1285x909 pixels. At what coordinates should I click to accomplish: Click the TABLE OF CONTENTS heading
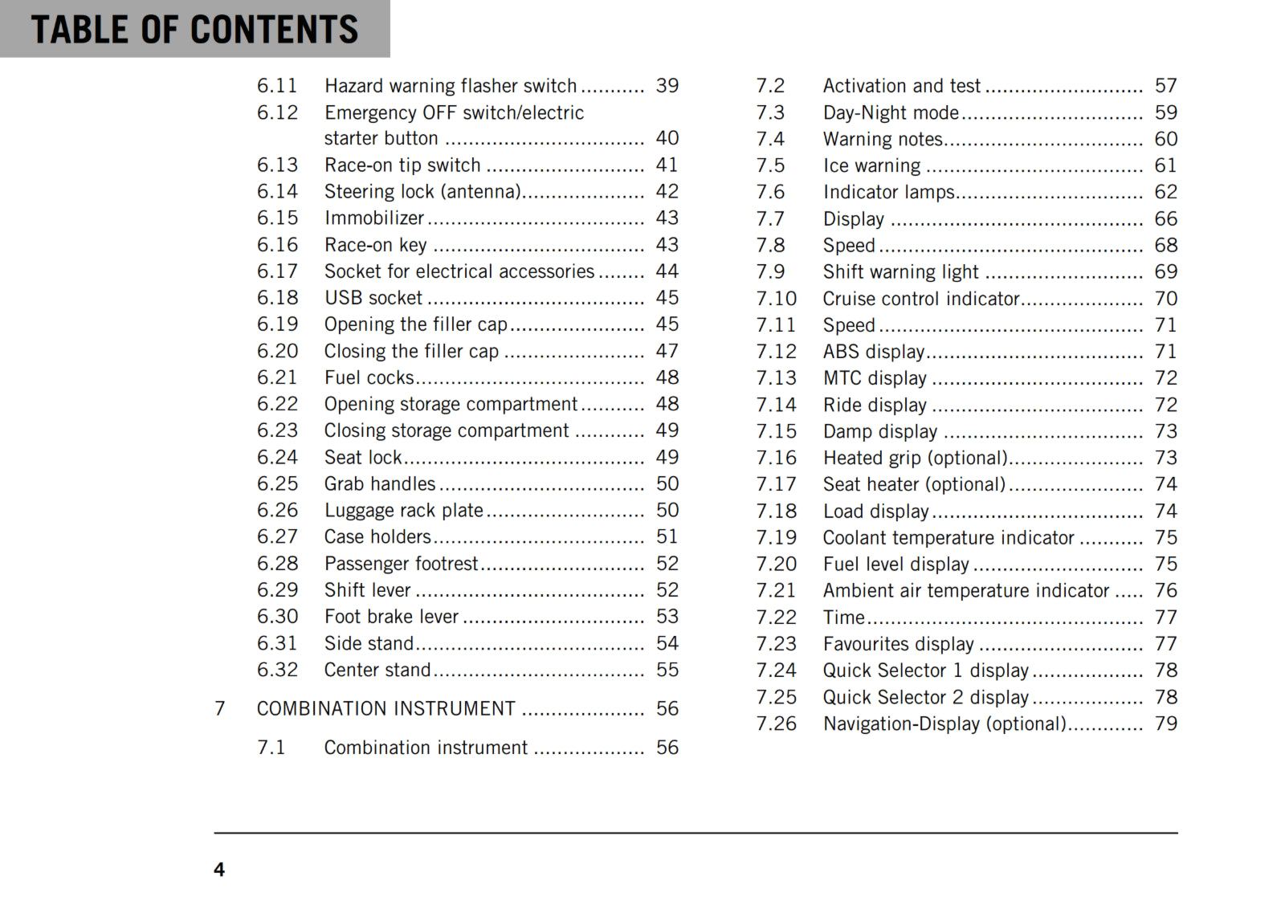coord(194,30)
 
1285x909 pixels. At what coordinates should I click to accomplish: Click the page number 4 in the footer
coord(219,870)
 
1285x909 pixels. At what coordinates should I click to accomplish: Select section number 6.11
coord(277,86)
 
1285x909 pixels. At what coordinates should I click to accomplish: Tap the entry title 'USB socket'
coord(373,298)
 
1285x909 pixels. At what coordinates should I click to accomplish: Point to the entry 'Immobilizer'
coord(374,218)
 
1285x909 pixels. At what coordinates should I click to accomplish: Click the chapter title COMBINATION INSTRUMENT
coord(385,709)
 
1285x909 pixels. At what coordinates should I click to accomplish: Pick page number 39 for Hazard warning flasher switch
coord(667,86)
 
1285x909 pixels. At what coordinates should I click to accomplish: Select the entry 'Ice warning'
coord(871,166)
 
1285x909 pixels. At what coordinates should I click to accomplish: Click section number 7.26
coord(776,724)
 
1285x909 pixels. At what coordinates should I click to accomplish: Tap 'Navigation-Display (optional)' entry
coord(944,724)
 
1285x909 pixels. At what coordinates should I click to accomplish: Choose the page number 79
coord(1165,724)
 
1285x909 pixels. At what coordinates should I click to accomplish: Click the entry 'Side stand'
coord(369,644)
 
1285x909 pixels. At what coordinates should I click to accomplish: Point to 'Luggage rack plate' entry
coord(403,511)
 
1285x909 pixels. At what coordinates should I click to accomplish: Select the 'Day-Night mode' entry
coord(891,113)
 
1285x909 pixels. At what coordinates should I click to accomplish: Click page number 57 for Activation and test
coord(1165,86)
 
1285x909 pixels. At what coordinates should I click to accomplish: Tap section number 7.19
coord(776,538)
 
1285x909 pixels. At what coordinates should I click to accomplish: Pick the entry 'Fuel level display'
coord(895,565)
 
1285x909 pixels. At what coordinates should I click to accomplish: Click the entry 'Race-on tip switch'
coord(402,165)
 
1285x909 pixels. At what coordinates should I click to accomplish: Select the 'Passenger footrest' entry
coord(401,564)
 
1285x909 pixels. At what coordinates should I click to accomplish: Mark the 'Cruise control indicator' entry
coord(920,300)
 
